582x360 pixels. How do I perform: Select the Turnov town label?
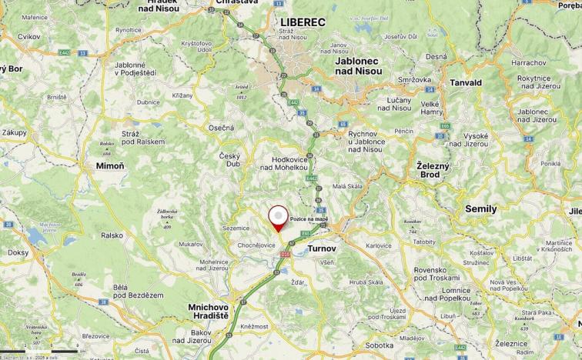tap(321, 248)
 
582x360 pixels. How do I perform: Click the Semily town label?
tap(481, 208)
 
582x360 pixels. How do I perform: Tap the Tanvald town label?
tap(467, 82)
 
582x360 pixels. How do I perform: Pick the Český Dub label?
tap(230, 159)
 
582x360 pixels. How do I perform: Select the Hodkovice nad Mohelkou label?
tap(285, 164)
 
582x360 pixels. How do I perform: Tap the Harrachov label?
tap(527, 62)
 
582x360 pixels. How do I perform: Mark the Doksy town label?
tap(18, 252)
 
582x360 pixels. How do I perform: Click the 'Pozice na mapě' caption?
tap(309, 219)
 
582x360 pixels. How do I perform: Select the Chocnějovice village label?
tap(255, 244)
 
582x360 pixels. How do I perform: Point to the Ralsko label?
tap(111, 235)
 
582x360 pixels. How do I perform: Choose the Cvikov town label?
tap(29, 36)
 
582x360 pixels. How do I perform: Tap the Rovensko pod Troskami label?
tap(436, 275)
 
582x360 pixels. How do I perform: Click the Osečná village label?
tap(221, 128)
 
